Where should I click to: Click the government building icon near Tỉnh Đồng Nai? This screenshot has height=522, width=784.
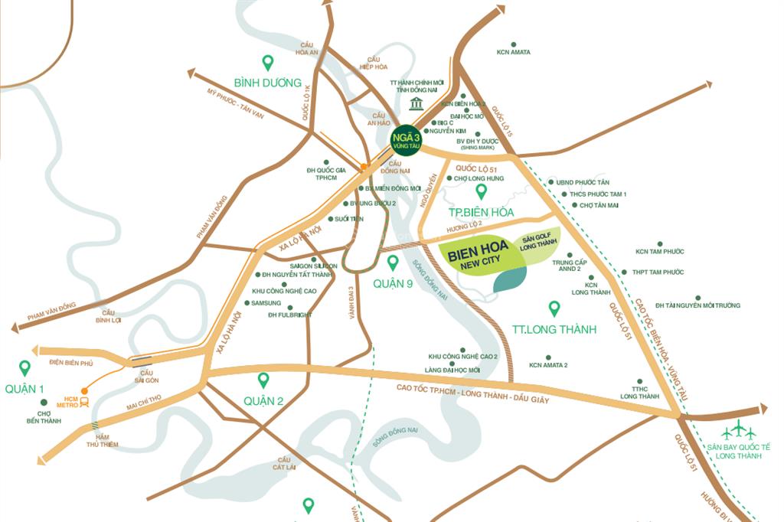tap(416, 103)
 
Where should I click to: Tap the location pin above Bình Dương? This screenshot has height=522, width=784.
tap(268, 63)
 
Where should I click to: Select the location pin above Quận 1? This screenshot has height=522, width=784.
tap(25, 368)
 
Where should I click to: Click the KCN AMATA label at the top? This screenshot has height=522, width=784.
tap(514, 52)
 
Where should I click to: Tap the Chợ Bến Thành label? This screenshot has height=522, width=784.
tap(44, 417)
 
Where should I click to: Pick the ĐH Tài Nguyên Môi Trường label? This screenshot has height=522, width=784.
tap(697, 305)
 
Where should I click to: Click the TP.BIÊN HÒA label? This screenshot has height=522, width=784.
tap(481, 212)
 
